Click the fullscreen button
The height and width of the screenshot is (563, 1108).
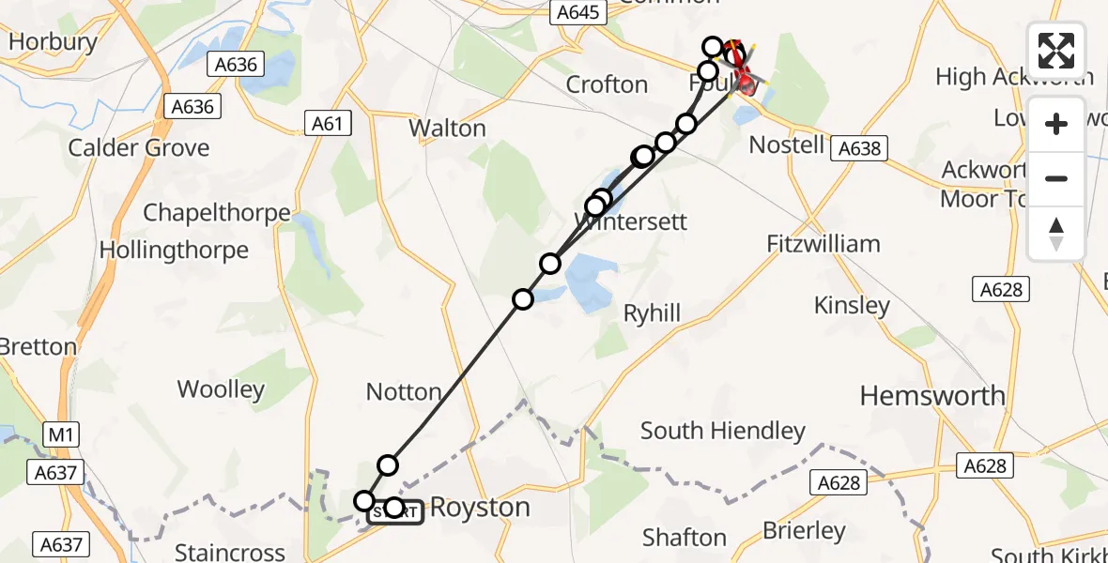(x=1056, y=52)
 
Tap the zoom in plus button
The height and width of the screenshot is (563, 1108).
(x=1056, y=124)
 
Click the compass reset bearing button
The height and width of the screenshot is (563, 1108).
(x=1056, y=232)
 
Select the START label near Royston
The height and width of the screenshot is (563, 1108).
(x=395, y=512)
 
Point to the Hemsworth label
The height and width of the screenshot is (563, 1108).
(x=932, y=396)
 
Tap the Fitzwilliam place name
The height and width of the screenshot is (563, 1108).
(x=823, y=244)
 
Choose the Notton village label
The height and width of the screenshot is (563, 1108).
(x=404, y=391)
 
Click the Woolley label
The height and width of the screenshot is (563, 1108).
(x=222, y=389)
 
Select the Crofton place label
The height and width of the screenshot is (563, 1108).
(x=607, y=84)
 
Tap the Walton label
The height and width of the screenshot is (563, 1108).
(x=448, y=128)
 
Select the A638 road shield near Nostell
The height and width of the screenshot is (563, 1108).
(x=859, y=148)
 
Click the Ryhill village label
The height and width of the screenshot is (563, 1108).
(x=652, y=313)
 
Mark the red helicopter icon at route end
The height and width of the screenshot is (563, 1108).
(x=746, y=81)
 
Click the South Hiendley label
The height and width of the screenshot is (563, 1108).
(x=722, y=431)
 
